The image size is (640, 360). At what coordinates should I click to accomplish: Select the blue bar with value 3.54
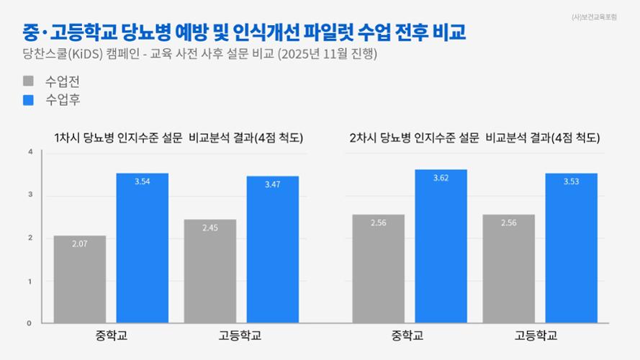coord(142,248)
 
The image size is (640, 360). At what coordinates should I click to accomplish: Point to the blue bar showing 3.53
coord(571,248)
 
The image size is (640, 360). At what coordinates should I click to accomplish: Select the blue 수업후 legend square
coord(28,100)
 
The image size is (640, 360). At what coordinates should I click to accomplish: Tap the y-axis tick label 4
coord(30,152)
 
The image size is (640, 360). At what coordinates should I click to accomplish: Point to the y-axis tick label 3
coord(30,195)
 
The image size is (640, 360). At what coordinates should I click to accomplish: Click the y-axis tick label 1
coord(30,281)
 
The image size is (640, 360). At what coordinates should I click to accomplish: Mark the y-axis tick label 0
coord(30,323)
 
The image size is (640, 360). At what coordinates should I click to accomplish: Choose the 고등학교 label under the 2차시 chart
coord(536,336)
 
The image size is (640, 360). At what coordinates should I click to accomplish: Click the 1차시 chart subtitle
coord(178,138)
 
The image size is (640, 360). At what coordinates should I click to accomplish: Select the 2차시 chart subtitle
coord(474,138)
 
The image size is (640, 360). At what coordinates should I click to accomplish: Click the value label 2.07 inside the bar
coord(79,243)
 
